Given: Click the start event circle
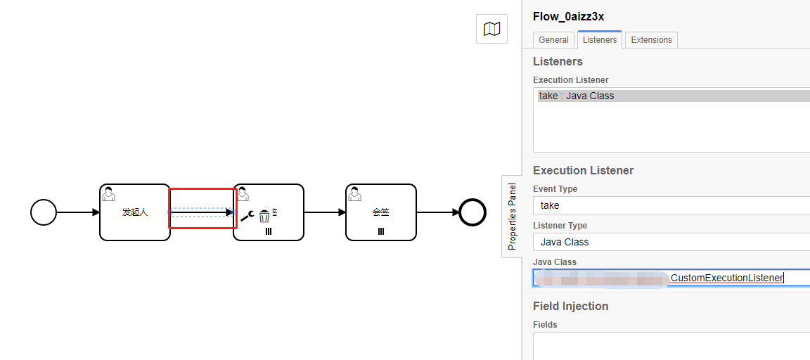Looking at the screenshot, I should pos(44,212).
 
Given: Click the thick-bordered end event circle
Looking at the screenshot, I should pos(472,212).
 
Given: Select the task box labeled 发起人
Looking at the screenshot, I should pos(134,212).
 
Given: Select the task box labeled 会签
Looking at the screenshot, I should pos(380,212).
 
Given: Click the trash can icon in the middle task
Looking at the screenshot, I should pos(264,216).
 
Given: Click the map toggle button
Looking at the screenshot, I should pos(491,29).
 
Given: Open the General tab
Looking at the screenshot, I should pos(553,40).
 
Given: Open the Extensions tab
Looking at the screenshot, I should pos(651,40).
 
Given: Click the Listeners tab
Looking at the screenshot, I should pos(600,40).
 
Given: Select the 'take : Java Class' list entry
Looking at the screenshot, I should pos(577,96).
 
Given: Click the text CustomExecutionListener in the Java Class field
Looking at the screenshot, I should pos(726,278).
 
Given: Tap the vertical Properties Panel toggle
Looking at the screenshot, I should pos(512,217).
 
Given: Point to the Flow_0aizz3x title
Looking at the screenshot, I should pos(570,16).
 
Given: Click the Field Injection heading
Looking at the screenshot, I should pos(570,306).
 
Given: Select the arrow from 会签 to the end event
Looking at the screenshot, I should pos(437,212).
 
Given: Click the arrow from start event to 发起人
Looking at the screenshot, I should pos(78,212).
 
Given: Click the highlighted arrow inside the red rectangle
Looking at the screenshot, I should pos(202,212).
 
